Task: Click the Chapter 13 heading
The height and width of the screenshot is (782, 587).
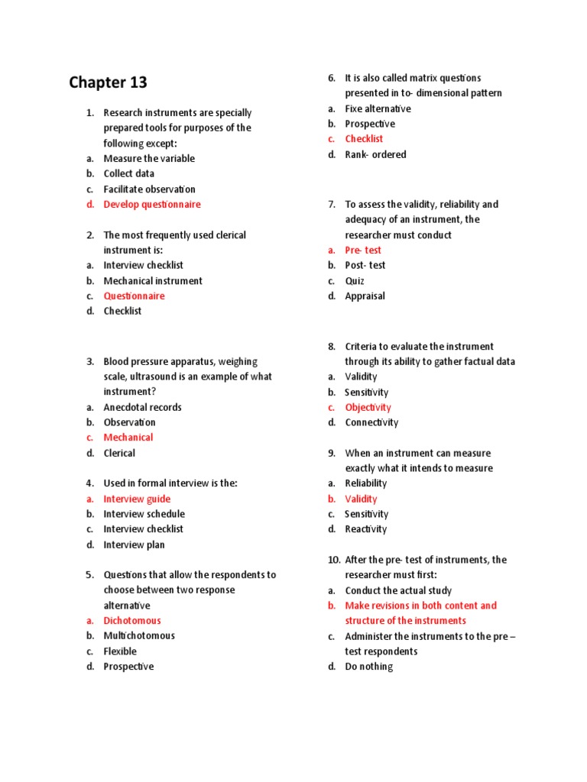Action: click(x=108, y=82)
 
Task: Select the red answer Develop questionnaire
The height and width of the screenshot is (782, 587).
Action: click(x=152, y=204)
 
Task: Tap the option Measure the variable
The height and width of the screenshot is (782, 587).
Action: click(x=149, y=158)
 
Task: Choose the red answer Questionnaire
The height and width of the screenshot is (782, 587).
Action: click(x=134, y=296)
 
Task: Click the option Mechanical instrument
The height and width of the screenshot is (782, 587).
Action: click(x=153, y=280)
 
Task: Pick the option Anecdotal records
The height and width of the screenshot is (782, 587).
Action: click(x=142, y=407)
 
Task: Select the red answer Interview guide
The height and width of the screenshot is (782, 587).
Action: click(x=137, y=499)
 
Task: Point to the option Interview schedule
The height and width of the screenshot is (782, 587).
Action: click(x=144, y=514)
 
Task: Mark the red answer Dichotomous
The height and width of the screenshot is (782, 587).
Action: click(x=132, y=620)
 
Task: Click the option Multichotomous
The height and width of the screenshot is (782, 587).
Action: click(x=139, y=635)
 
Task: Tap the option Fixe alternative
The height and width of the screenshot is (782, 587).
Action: click(x=378, y=108)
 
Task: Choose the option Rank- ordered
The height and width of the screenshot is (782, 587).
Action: click(x=375, y=154)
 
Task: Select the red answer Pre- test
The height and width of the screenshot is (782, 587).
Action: click(x=363, y=250)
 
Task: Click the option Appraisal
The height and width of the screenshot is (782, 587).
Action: click(x=365, y=296)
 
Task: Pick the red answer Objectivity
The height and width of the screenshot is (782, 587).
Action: click(x=368, y=407)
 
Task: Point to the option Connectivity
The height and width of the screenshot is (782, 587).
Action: click(x=371, y=422)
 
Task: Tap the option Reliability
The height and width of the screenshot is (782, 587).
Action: click(x=365, y=483)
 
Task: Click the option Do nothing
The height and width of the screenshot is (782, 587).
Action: click(x=368, y=667)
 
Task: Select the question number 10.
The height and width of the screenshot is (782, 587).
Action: click(x=333, y=560)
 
